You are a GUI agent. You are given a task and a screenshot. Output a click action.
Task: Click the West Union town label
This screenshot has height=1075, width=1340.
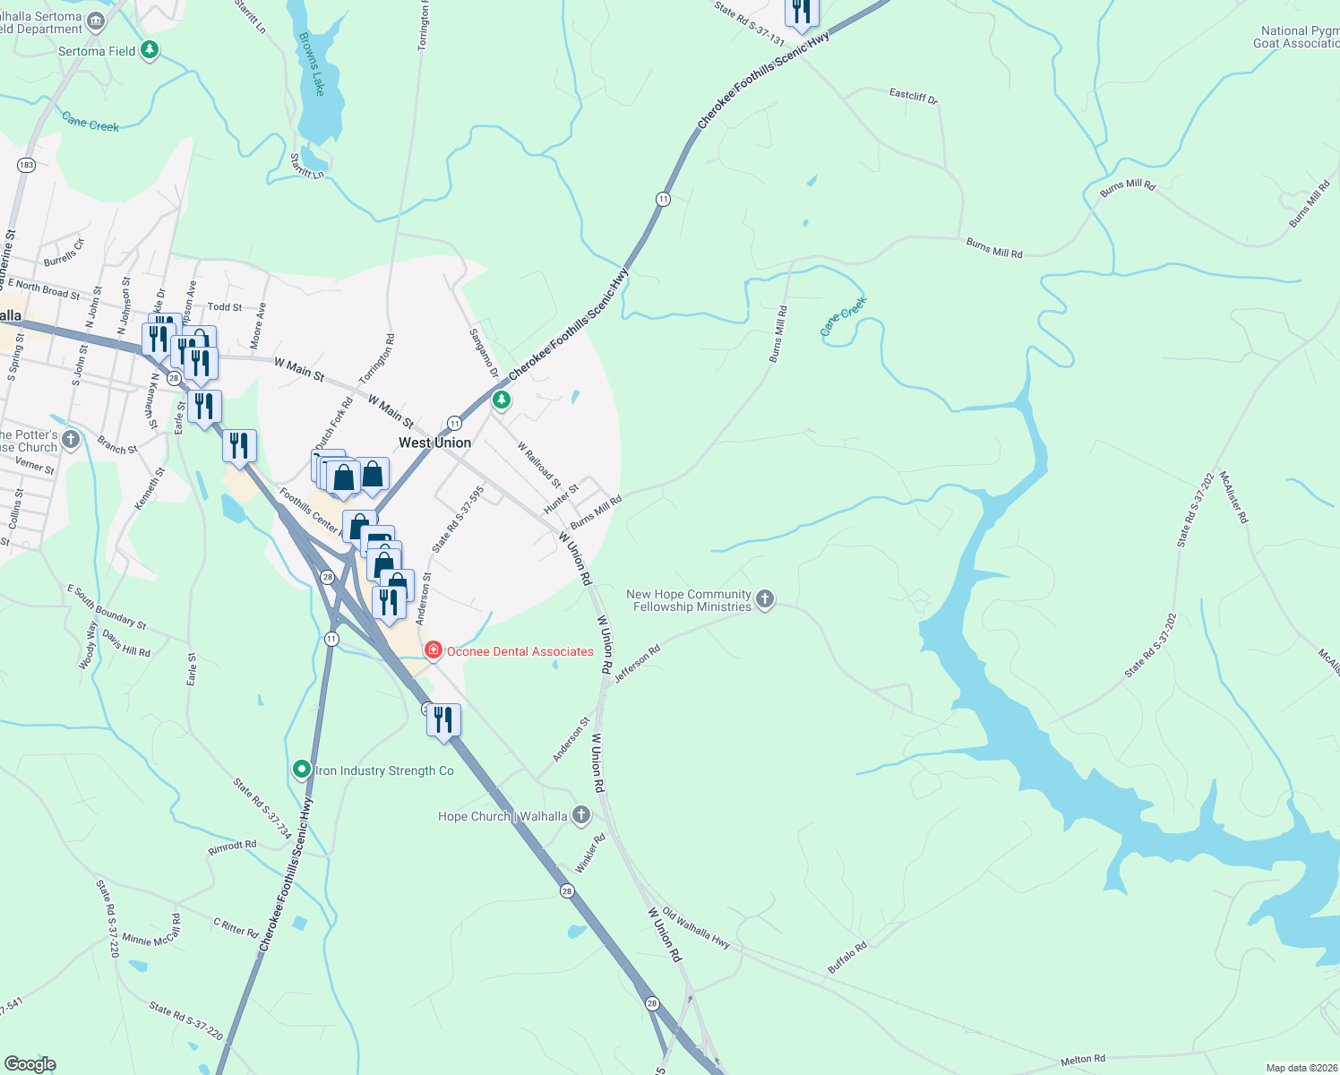point(434,443)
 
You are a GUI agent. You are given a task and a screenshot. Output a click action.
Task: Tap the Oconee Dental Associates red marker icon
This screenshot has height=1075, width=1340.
point(434,650)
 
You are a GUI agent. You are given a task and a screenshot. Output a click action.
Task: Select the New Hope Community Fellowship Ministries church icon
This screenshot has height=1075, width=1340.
point(764,599)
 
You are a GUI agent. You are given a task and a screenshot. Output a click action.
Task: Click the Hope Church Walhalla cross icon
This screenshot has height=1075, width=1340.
point(581,815)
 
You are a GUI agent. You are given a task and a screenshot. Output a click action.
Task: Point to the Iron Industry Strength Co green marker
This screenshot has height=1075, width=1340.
point(302,770)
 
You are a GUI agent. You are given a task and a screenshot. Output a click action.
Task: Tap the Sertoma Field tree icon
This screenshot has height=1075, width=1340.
point(150,50)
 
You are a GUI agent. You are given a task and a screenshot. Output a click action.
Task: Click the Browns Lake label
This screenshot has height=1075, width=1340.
point(312,64)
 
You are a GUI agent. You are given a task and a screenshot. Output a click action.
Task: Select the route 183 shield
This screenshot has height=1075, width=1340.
point(26,165)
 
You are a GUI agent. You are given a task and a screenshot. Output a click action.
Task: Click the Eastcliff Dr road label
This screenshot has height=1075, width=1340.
point(913,95)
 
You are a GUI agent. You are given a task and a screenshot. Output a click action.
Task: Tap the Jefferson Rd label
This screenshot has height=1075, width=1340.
point(637,664)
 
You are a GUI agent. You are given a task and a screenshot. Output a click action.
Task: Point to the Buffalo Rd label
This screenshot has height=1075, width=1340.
point(846,958)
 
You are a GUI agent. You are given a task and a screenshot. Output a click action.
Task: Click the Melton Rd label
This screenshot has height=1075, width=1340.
point(1083,1060)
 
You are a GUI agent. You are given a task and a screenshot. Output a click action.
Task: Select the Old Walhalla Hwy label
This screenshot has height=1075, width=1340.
point(696,928)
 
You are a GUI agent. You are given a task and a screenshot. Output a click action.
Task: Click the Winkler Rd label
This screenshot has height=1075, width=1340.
point(589,854)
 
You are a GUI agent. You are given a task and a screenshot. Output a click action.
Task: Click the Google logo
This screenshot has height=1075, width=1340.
point(30,1064)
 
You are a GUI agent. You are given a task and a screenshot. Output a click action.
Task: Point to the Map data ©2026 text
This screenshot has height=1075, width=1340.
point(1300,1068)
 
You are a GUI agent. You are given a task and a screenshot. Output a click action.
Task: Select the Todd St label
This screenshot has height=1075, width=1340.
point(225,306)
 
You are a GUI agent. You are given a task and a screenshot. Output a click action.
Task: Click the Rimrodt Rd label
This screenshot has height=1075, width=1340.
point(232,845)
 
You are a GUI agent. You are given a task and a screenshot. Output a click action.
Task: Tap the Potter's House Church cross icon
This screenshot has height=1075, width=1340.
point(71,440)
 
